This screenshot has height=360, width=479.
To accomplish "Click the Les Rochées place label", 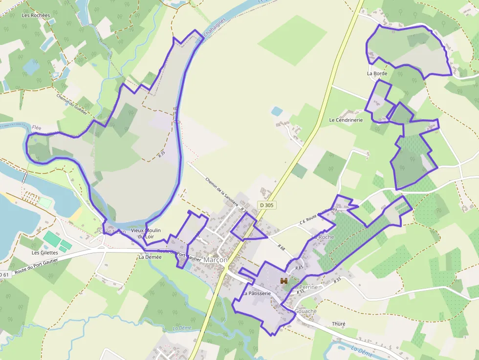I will (x=36, y=15).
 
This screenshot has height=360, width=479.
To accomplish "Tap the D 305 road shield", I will (x=267, y=205).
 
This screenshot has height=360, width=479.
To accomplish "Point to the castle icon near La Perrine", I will (x=283, y=280).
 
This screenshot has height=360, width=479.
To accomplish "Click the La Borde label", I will (x=377, y=73).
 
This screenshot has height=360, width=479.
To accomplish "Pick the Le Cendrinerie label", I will (x=346, y=120).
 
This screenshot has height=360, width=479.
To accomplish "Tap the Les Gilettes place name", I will (x=44, y=253).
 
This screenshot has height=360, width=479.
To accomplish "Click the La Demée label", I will (x=150, y=256).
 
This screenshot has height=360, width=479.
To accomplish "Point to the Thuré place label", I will (x=338, y=323).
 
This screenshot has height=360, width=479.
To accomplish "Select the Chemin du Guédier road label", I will (x=71, y=105).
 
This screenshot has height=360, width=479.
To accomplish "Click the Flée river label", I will (x=37, y=127).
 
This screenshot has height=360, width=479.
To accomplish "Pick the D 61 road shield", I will (x=4, y=275).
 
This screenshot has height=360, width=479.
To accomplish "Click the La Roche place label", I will (x=323, y=237).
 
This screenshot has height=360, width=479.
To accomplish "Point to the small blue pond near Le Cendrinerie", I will (x=277, y=111).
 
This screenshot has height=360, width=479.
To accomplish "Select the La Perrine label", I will (x=305, y=287).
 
